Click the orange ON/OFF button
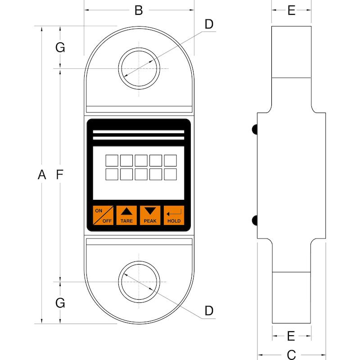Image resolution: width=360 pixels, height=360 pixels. coord(103,216)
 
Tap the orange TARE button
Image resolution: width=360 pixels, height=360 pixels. coord(126,216)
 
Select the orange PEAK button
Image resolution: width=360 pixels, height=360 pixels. coord(150,216)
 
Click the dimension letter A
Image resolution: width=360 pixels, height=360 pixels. coord(42,175)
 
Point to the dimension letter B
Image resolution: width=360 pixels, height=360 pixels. coord(139,10)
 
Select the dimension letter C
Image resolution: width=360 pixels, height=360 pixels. coord(291,355)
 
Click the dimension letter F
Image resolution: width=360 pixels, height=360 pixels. coord(60,175)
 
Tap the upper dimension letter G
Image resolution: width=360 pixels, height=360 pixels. coord(60,48)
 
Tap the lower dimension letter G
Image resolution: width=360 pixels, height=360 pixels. coord(60,303)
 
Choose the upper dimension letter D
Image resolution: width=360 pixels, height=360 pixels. coord(209,24)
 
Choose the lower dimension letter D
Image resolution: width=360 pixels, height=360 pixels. coord(209,310)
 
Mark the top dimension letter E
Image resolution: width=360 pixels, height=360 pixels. coord(292,10)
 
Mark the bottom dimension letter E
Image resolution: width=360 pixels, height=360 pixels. coord(291,336)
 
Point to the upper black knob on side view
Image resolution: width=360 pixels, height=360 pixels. coord(255,129)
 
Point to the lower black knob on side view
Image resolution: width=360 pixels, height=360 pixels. coord(255,220)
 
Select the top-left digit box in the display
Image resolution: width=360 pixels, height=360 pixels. coord(112,161)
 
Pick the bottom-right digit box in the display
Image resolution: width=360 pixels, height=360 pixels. coord(171,174)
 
